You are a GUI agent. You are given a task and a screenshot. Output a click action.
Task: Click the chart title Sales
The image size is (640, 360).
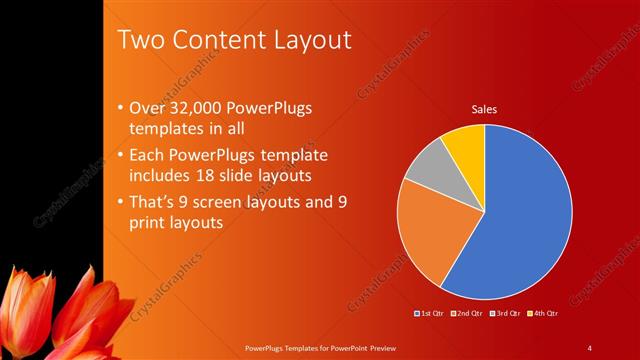(x=485, y=109)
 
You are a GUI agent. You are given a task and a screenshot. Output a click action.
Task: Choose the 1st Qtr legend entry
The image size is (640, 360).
(x=432, y=314)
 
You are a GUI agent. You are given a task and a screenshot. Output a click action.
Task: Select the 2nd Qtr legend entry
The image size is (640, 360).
(x=468, y=314)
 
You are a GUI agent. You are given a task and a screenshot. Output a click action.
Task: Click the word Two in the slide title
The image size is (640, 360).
(x=139, y=40)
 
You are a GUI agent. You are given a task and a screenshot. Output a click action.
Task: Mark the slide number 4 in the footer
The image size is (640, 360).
(x=589, y=347)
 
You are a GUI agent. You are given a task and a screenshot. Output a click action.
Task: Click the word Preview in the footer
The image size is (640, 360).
(x=378, y=347)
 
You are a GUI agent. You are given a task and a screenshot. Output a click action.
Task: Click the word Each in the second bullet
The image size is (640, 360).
(x=149, y=155)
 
